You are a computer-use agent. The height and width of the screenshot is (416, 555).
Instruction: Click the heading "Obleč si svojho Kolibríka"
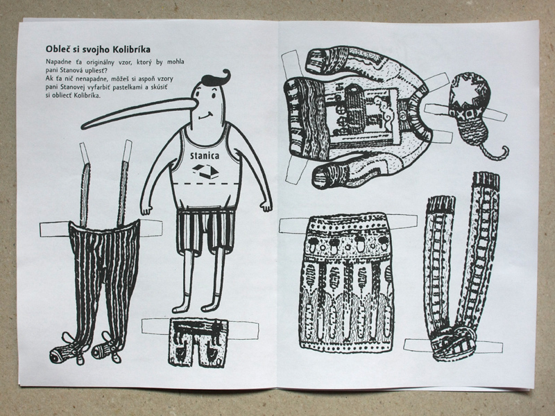tap(98, 49)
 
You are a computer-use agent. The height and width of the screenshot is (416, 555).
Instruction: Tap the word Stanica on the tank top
tap(205, 155)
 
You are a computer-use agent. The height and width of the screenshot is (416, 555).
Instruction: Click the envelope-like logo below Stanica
tap(205, 171)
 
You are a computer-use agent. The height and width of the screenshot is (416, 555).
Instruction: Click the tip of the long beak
tap(83, 127)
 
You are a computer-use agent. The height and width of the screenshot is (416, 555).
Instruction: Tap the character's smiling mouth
tap(205, 116)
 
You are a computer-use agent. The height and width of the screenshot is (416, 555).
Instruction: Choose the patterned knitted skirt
tap(346, 282)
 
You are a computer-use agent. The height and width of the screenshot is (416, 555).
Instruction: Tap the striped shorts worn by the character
tap(205, 231)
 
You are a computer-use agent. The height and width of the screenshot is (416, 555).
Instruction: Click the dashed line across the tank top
tap(206, 184)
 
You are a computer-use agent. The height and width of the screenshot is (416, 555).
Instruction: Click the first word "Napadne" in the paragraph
tap(58, 62)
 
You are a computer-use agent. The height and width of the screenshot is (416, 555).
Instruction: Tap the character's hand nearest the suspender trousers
tap(146, 209)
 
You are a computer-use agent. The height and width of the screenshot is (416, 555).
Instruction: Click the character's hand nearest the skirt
tap(266, 206)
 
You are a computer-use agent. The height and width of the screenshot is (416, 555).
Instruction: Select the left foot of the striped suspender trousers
tap(67, 350)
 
